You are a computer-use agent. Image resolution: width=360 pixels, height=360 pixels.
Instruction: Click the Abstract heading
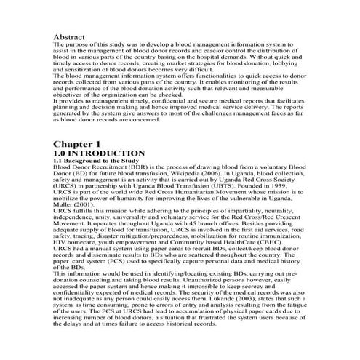click(71, 36)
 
